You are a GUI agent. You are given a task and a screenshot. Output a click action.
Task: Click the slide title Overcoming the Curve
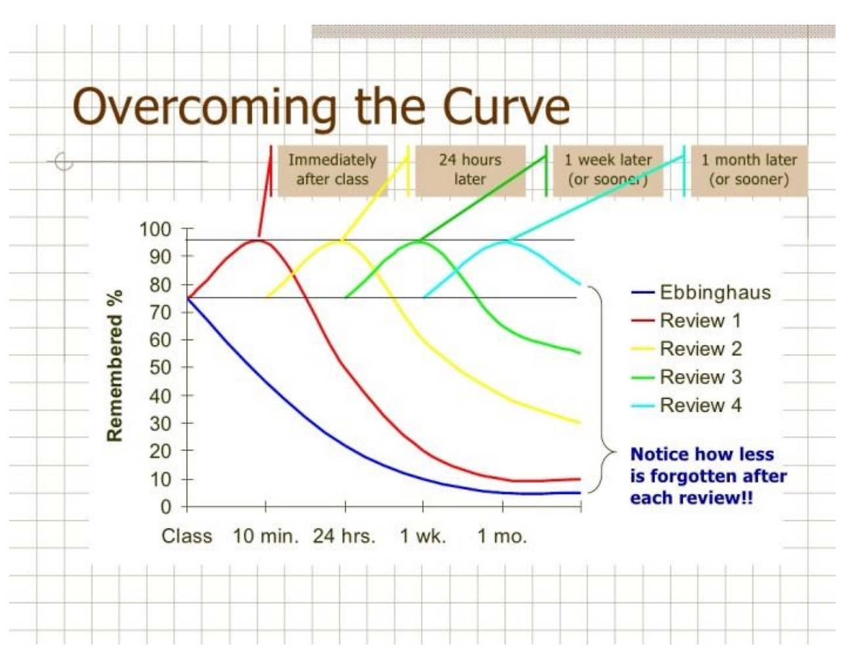point(321,106)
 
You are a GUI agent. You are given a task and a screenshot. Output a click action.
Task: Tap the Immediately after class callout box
point(332,170)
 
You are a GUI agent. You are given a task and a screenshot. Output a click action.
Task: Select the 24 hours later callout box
point(470,170)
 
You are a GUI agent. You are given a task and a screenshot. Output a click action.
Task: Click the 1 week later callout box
point(608,170)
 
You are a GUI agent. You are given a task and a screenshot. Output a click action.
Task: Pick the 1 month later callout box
point(748,170)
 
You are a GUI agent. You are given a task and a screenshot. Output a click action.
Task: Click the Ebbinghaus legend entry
point(714,292)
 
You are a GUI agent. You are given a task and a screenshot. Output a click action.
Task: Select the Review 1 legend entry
point(700,320)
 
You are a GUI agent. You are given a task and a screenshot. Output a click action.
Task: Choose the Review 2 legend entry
point(700,349)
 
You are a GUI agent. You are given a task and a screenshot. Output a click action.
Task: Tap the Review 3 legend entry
point(700,377)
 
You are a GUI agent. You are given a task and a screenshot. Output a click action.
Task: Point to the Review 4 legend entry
point(700,405)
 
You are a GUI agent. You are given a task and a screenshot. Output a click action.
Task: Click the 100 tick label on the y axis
point(155,229)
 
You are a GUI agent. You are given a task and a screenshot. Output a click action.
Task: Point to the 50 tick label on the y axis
point(160,368)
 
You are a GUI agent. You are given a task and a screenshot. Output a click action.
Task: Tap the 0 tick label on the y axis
point(166,507)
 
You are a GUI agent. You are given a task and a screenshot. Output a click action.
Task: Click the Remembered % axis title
point(114,366)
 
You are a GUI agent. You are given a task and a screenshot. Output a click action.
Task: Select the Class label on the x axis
point(187,537)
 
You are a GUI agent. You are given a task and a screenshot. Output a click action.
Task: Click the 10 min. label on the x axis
point(265,537)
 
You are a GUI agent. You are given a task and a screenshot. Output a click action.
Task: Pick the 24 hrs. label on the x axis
point(344,537)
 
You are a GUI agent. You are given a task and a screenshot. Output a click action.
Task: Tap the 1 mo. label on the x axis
point(502,537)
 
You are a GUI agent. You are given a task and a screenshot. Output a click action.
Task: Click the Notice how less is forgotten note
point(708,475)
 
